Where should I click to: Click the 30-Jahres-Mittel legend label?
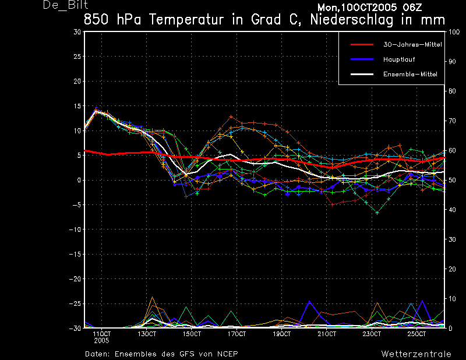[x=412, y=45]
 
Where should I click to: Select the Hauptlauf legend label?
[x=399, y=59]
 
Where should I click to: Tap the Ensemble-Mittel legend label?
[x=410, y=75]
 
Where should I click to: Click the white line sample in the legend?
[x=362, y=74]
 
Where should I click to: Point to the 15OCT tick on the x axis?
[x=192, y=334]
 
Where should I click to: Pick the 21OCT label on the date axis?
[x=327, y=334]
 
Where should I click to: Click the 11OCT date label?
[x=101, y=334]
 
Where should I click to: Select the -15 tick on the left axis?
[x=75, y=254]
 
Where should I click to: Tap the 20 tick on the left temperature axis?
[x=77, y=81]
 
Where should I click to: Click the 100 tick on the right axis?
[x=454, y=32]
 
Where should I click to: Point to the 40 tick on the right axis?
[x=452, y=210]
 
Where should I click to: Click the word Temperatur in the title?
[x=186, y=20]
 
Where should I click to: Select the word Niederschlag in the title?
[x=352, y=20]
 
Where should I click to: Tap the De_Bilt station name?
[x=65, y=5]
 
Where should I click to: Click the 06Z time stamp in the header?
[x=412, y=8]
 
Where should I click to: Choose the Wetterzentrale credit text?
[x=416, y=354]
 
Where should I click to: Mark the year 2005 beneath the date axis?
[x=101, y=341]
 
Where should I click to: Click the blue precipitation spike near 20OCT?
[x=310, y=301]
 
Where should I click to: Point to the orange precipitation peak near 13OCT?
[x=153, y=297]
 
